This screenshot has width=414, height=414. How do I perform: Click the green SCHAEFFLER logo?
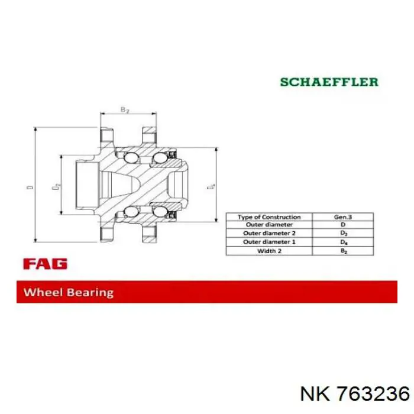point(329,82)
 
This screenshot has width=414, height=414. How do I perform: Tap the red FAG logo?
point(45,264)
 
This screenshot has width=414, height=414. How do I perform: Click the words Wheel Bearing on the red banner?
point(69,293)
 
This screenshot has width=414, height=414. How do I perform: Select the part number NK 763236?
point(355,394)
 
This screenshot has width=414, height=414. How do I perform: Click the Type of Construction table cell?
point(269,217)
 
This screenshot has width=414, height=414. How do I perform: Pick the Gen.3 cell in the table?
point(342,217)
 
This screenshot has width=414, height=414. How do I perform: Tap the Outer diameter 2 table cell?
point(269,233)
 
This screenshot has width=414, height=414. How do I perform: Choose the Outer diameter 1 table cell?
point(269,242)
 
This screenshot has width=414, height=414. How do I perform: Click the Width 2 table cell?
point(269,251)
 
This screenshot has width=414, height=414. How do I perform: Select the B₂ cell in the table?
point(342,251)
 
